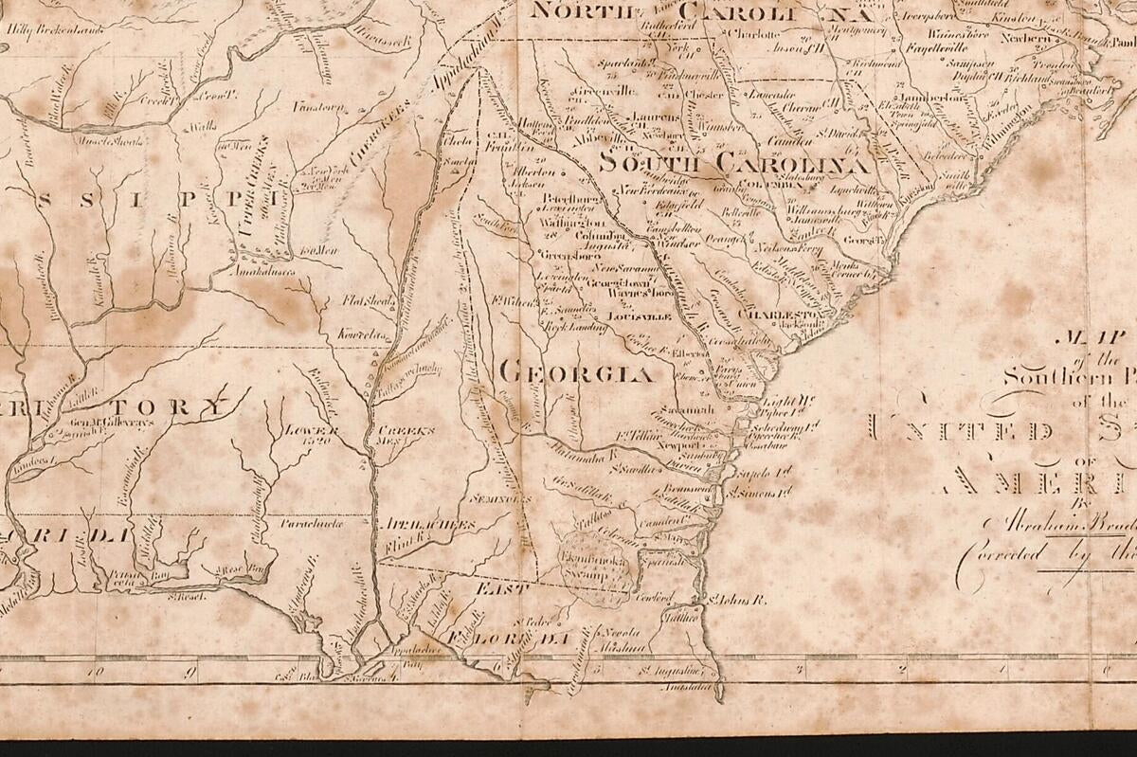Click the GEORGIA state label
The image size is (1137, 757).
point(575,372)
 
